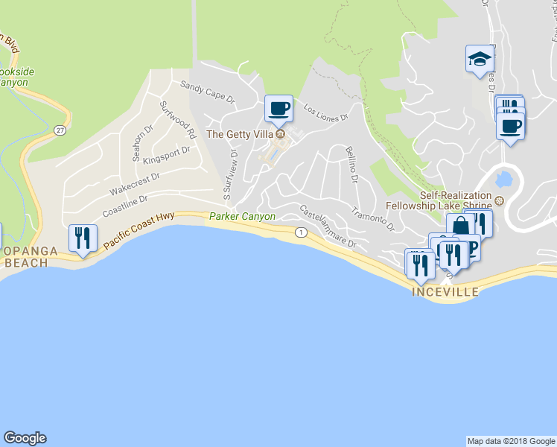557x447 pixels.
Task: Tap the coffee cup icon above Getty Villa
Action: click(x=279, y=109)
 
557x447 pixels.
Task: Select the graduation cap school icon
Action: click(x=480, y=59)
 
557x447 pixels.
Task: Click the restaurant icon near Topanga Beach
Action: click(x=82, y=238)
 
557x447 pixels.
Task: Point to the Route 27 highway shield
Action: click(x=59, y=130)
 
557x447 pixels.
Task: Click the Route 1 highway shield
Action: click(x=300, y=232)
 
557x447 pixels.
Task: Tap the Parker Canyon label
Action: click(x=242, y=217)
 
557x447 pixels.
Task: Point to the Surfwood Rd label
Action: click(x=177, y=120)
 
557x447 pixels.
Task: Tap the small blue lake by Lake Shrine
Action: click(x=502, y=178)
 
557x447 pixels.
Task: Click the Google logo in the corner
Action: click(x=25, y=438)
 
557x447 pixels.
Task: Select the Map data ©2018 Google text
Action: click(x=510, y=441)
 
